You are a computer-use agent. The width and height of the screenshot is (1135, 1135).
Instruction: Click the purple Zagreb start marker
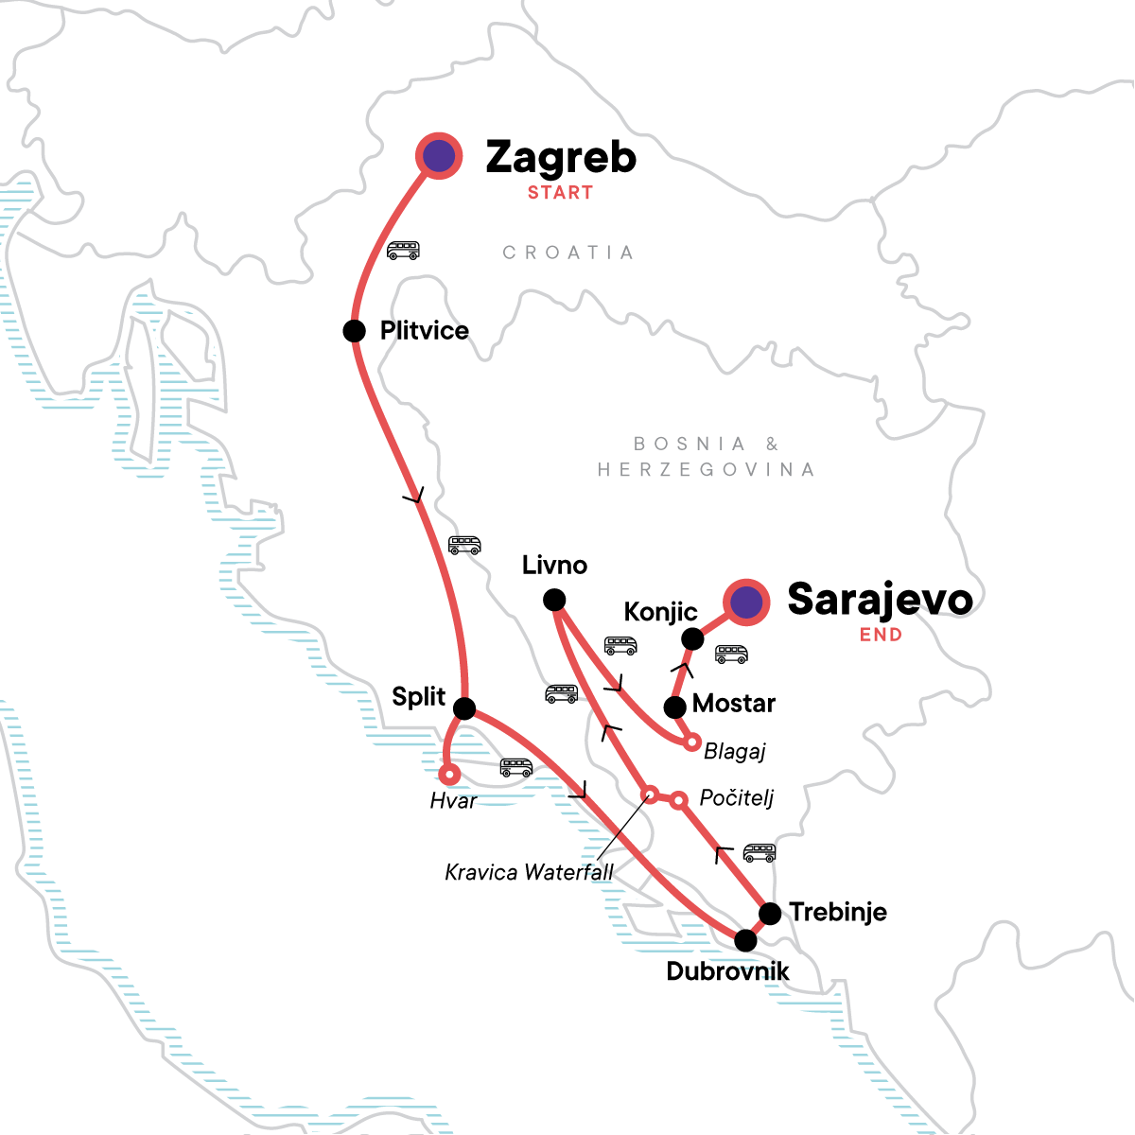[x=439, y=157]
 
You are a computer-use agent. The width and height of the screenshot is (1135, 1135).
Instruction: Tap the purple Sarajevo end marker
[x=746, y=602]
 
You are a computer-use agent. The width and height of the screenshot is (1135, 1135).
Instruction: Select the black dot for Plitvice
[x=354, y=331]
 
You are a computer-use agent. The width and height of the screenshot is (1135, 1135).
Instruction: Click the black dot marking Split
[x=464, y=708]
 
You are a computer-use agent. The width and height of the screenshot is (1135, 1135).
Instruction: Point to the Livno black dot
[x=554, y=600]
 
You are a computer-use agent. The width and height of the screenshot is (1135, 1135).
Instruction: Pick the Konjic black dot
[x=692, y=639]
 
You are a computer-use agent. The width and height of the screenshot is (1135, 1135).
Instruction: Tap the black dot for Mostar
[x=674, y=707]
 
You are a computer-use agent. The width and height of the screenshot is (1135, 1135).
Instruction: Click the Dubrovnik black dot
[x=745, y=940]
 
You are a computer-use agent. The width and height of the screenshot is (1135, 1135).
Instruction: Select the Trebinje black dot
[x=771, y=914]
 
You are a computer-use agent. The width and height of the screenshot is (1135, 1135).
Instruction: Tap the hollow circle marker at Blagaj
[x=692, y=742]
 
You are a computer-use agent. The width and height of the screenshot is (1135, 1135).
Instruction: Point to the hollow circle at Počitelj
[x=678, y=801]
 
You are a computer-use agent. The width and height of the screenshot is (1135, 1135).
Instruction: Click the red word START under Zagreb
[x=560, y=193]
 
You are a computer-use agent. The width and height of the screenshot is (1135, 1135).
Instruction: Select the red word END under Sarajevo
[x=881, y=636]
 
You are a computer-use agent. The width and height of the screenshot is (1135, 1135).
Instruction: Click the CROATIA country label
[x=567, y=253]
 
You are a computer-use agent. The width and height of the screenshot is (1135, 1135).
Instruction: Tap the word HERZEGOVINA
[x=706, y=470]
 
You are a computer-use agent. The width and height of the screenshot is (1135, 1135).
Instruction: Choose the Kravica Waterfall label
[x=529, y=872]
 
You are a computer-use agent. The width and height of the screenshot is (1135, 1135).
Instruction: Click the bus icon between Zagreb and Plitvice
[x=403, y=251]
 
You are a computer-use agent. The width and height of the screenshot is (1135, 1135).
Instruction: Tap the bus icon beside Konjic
[x=731, y=654]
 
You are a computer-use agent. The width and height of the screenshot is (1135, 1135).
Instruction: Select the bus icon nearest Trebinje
[x=760, y=852]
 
